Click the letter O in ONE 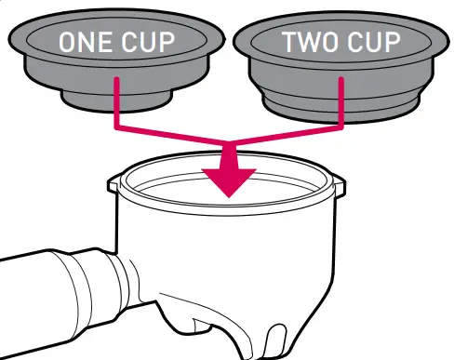pos(69,43)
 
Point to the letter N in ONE pos(88,43)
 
